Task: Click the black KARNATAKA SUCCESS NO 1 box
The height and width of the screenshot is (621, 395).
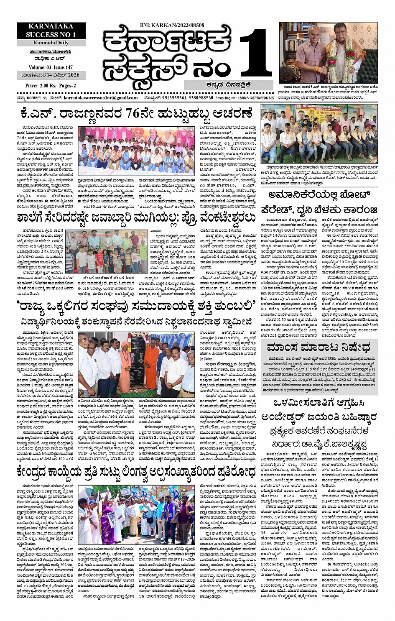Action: click(51, 31)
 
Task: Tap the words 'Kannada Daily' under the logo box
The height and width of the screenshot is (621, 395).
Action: click(51, 43)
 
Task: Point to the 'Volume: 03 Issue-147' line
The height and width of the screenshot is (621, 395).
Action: click(51, 67)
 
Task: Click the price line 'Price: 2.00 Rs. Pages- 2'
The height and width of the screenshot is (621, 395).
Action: click(51, 86)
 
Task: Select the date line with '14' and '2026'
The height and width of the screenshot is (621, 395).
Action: click(51, 75)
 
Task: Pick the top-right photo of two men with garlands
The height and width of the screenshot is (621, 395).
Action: click(328, 53)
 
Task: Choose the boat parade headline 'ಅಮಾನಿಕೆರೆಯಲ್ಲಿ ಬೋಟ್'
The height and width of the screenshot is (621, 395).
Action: click(320, 195)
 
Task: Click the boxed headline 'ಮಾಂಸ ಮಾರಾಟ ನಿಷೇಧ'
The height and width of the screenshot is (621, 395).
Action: click(319, 347)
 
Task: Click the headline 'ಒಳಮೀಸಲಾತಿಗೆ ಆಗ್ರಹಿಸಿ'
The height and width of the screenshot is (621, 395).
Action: click(319, 403)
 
